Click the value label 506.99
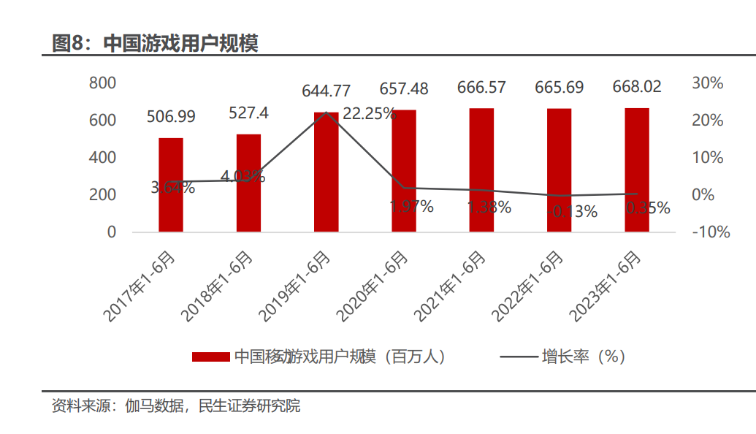point(171,116)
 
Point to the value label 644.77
point(327,91)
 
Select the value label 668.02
point(637,87)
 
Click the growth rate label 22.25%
point(369,114)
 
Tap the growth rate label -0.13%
point(570,212)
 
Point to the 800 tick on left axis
point(102,83)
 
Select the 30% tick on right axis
point(707,83)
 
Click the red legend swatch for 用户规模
point(211,357)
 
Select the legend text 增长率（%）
point(583,357)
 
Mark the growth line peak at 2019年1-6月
point(327,113)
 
